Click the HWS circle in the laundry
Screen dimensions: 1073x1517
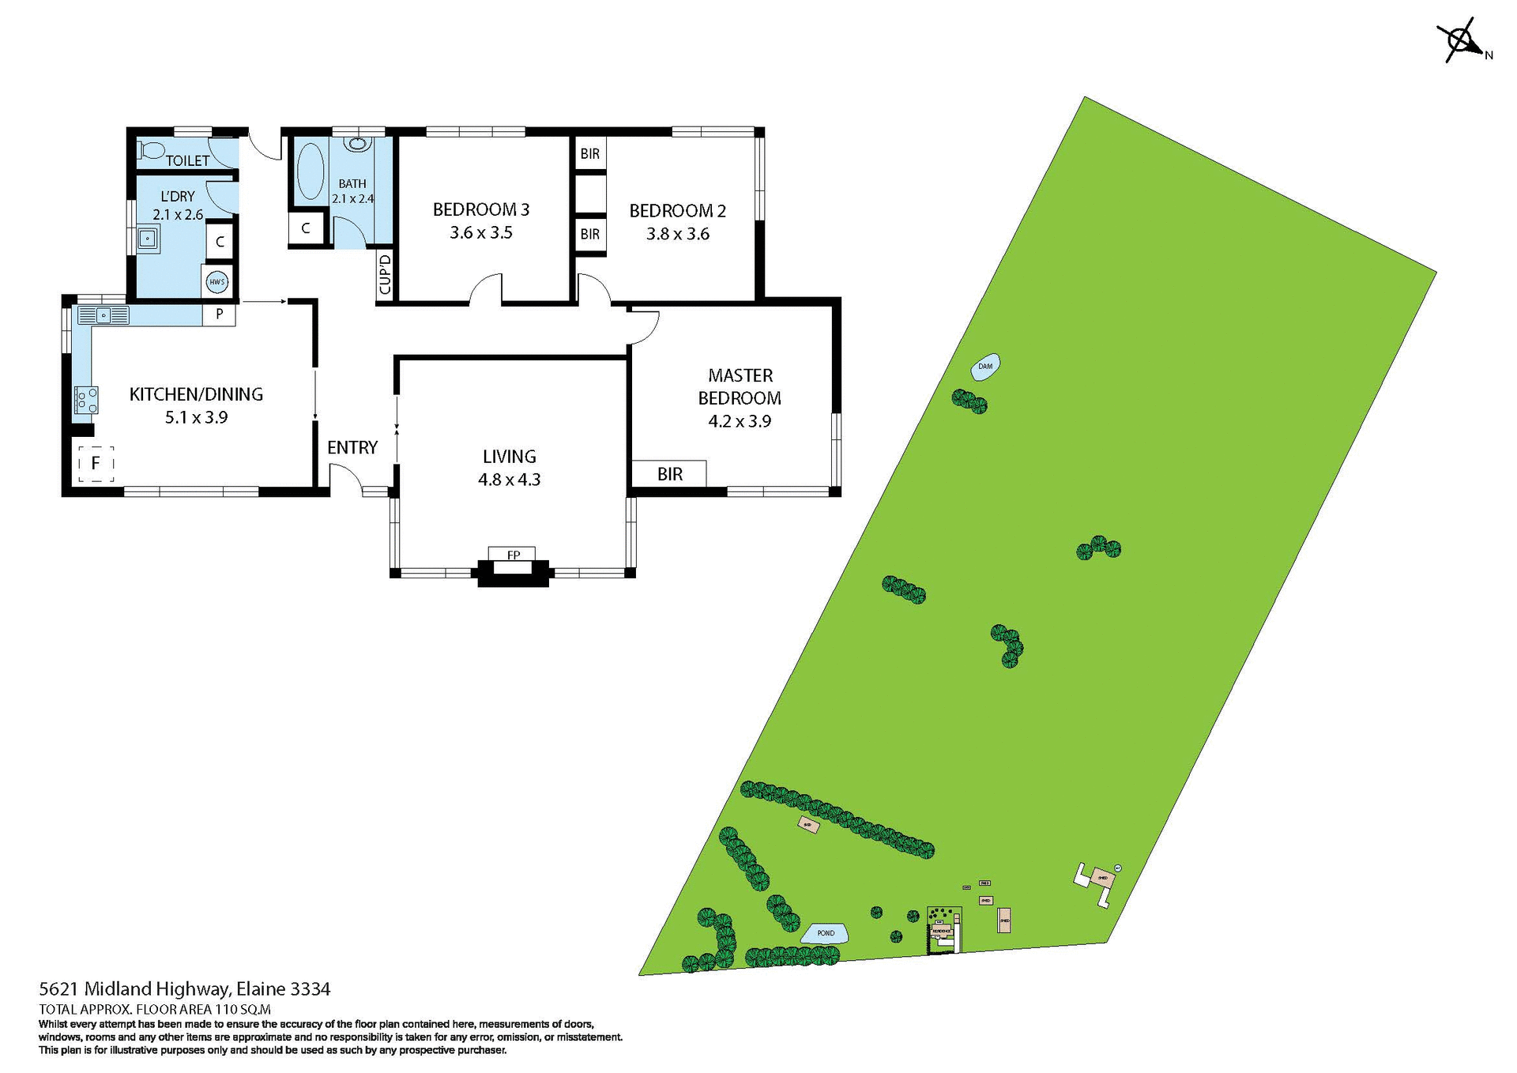(216, 281)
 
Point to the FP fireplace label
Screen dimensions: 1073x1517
(513, 555)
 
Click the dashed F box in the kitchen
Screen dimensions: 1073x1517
(96, 463)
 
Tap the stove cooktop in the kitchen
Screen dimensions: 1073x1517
(86, 399)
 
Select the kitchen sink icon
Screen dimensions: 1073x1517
(104, 316)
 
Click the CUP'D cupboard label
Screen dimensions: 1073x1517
(385, 274)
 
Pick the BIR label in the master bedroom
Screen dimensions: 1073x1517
(669, 474)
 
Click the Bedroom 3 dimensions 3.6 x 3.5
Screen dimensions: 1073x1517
(480, 233)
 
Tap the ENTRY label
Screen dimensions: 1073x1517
(352, 448)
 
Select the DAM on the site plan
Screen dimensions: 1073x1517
(985, 367)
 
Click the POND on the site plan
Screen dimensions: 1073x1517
(825, 933)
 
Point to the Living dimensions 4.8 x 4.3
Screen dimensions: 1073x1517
(509, 480)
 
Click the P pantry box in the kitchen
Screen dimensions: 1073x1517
(220, 314)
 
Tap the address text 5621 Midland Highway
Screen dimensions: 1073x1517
(185, 988)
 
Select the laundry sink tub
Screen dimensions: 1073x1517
(147, 238)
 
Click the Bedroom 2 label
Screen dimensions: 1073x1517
(677, 211)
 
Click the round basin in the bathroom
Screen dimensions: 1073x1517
(358, 144)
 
